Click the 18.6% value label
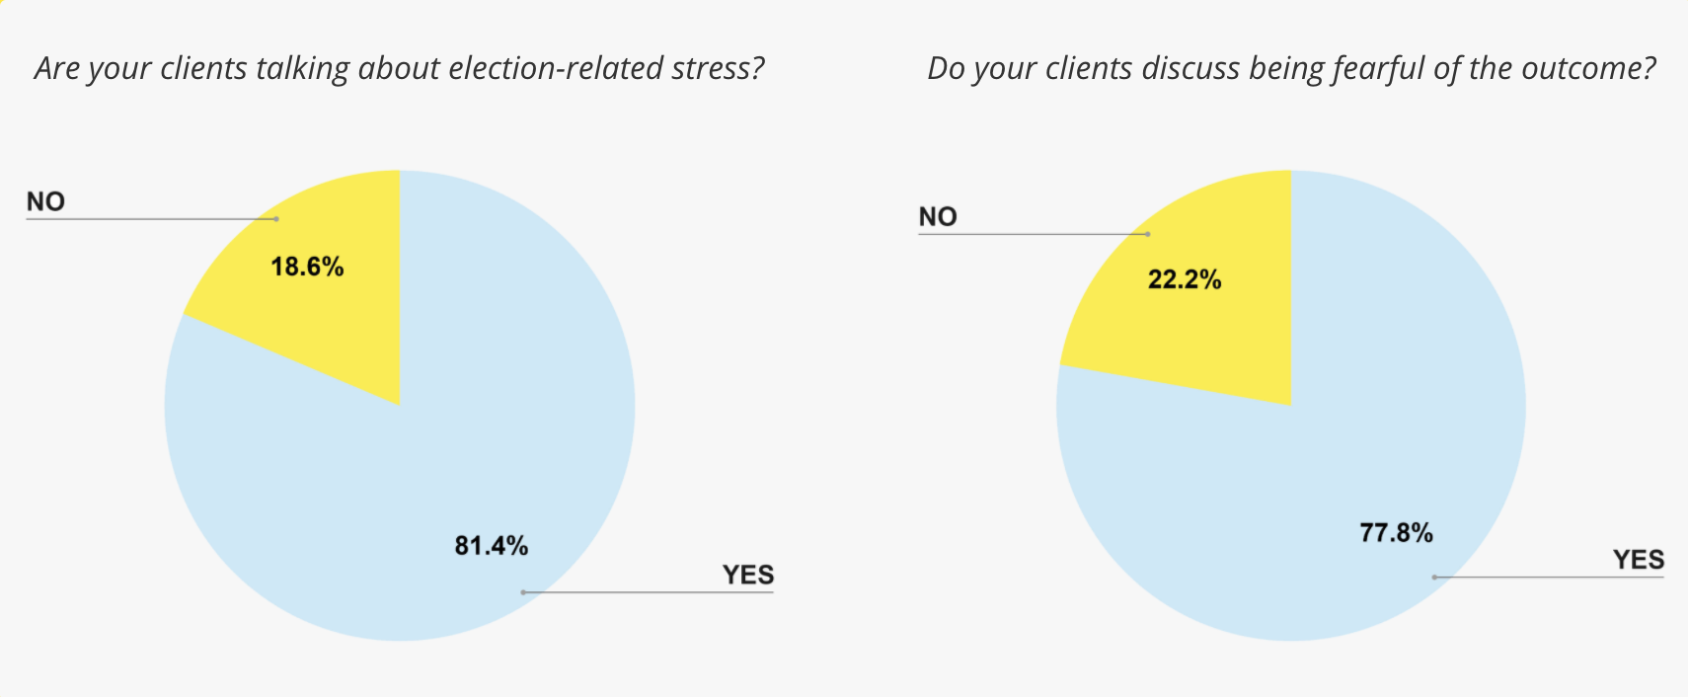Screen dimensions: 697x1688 tap(307, 267)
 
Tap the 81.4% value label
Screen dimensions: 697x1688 tap(491, 546)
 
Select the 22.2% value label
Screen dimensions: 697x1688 tap(1184, 280)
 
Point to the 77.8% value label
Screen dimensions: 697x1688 tap(1396, 533)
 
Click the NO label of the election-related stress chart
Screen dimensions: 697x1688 tap(45, 201)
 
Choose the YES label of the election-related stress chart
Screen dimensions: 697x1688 tap(747, 575)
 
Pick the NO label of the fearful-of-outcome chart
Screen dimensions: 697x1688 tap(938, 217)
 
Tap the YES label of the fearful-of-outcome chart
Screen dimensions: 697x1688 tap(1639, 560)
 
